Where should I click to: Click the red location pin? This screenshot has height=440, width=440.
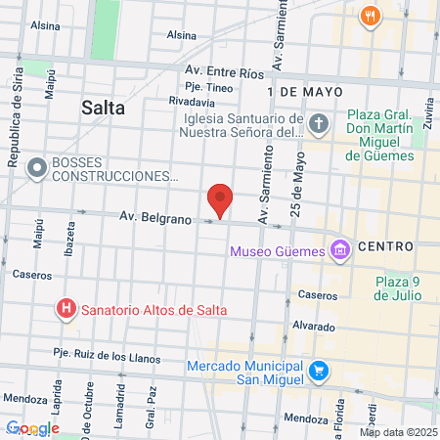tap(221, 200)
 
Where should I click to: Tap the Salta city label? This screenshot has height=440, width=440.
tap(104, 109)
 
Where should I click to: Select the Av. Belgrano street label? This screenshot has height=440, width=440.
tap(154, 217)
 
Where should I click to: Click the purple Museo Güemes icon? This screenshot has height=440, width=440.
tap(340, 250)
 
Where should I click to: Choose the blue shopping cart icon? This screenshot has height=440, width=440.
tap(318, 371)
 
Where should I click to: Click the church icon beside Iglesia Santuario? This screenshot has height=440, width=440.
tap(319, 124)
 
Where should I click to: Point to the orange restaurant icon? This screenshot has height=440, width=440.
tap(369, 16)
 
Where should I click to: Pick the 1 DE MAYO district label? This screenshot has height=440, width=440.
tap(304, 90)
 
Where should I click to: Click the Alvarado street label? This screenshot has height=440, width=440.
tap(312, 326)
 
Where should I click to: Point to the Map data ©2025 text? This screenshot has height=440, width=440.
tap(397, 431)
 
